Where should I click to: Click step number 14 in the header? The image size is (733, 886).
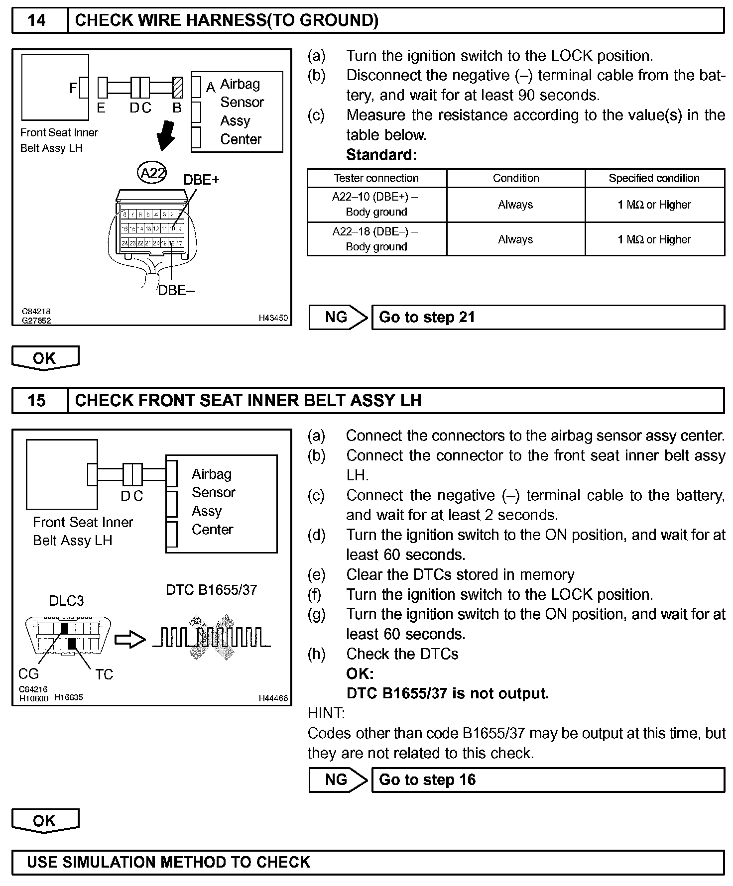click(x=37, y=20)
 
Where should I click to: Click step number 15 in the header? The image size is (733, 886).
click(x=37, y=401)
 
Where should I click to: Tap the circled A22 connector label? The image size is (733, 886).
click(x=152, y=173)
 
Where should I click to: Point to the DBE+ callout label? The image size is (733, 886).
click(x=201, y=180)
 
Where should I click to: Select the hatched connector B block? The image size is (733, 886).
click(x=177, y=88)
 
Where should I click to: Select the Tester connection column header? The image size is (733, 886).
click(x=376, y=178)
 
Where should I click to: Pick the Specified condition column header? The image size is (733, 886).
click(x=654, y=178)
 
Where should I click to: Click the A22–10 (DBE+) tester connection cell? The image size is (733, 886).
click(x=376, y=205)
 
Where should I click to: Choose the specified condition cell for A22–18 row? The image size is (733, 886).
click(x=654, y=239)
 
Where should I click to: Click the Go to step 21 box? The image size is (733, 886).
click(x=548, y=317)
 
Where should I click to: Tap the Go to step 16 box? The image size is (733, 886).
click(x=548, y=779)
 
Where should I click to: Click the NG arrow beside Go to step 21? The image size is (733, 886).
click(x=338, y=317)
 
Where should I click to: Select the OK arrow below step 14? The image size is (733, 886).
click(x=45, y=358)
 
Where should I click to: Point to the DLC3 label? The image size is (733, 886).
click(x=66, y=601)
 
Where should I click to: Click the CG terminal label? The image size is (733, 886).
click(x=28, y=674)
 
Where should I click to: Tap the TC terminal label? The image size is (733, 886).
click(x=104, y=674)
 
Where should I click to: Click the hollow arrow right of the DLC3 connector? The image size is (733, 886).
click(x=130, y=640)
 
